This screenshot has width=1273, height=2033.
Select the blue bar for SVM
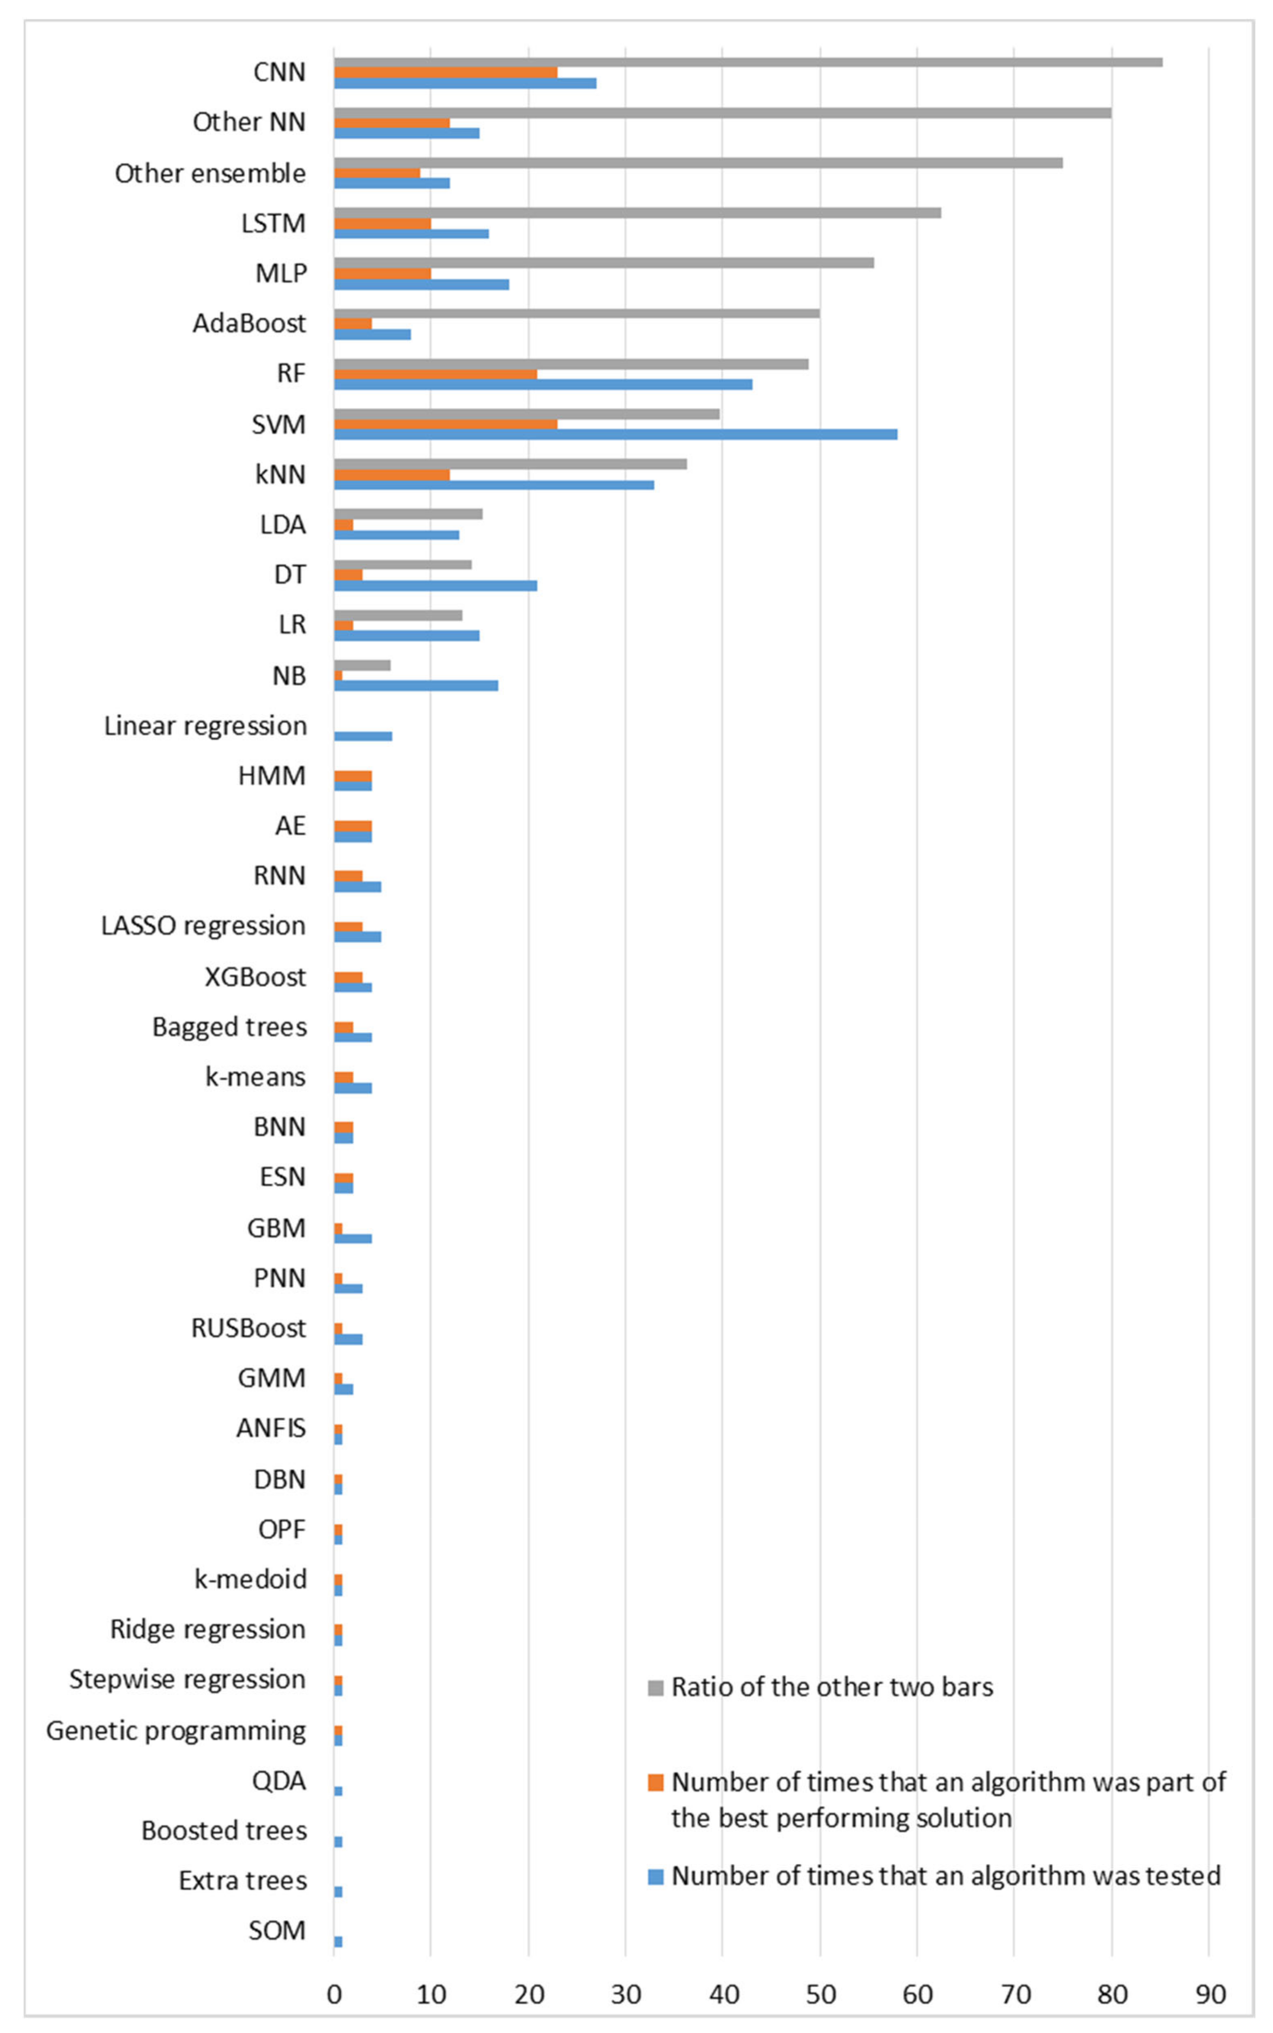614,435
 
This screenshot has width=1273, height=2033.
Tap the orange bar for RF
435,374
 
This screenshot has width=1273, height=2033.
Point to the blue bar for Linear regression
363,736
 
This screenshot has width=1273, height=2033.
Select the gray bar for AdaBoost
577,313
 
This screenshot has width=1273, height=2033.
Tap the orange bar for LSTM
382,223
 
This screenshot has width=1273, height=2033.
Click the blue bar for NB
416,686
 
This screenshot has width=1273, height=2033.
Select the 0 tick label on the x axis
334,1994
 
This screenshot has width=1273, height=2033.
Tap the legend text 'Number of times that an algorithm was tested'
946,1876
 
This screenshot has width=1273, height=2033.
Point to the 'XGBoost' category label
255,977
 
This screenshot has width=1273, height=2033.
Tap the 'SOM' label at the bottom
277,1930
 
